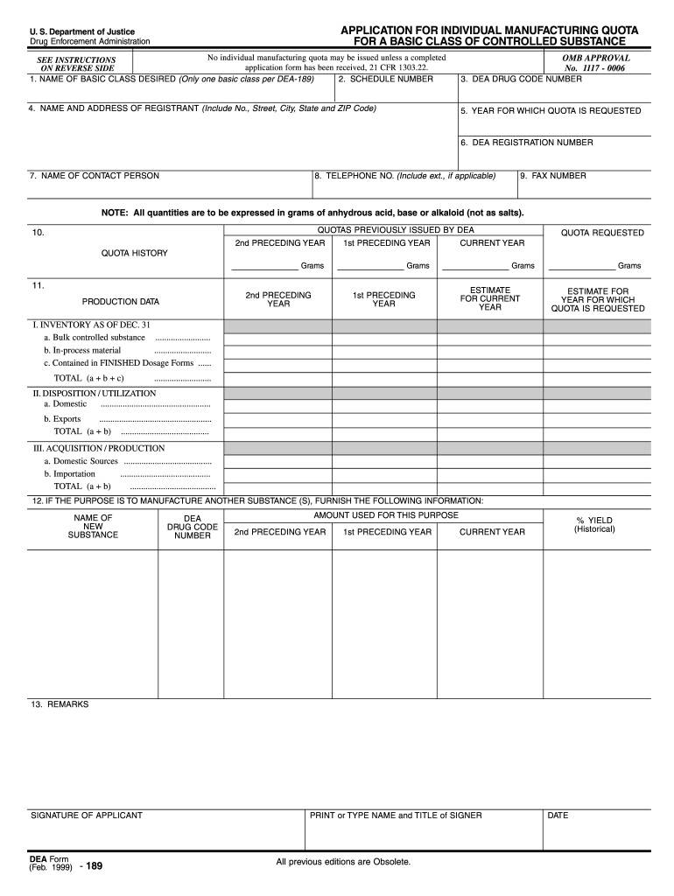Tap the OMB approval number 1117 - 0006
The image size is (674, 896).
[595, 67]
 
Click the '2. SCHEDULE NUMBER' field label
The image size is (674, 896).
[385, 79]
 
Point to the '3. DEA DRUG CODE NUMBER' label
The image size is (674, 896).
[521, 79]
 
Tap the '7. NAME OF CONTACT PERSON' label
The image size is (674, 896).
[95, 176]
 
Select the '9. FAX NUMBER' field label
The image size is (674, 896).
[553, 176]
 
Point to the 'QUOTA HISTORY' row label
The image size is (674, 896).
[134, 253]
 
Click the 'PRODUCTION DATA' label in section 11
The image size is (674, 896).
[121, 302]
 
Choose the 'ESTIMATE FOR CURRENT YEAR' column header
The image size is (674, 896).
[490, 298]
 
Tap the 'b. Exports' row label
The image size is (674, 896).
[62, 419]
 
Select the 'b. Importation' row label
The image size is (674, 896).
[69, 473]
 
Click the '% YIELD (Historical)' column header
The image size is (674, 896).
[594, 525]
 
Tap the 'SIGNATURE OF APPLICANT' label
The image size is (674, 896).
[87, 815]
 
